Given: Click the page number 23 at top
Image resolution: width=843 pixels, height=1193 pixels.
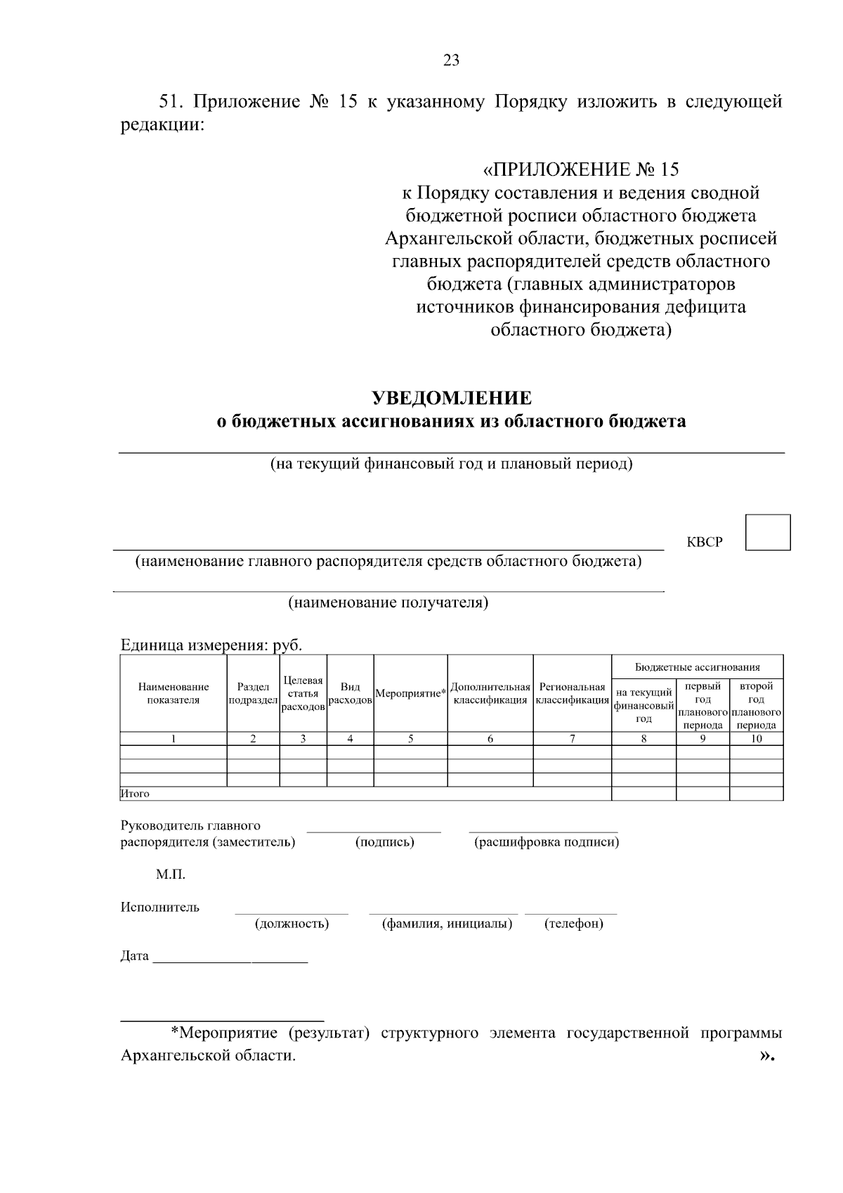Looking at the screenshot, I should coord(452,60).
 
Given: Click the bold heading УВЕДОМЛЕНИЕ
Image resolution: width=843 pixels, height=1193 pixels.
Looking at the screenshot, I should coord(451,399).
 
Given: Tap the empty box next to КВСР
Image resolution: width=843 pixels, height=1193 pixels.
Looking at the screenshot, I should coord(768,532).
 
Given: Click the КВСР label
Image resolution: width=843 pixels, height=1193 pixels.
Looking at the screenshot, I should coord(704,543).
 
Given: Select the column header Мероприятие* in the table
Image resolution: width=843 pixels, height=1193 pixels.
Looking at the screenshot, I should coord(411,694).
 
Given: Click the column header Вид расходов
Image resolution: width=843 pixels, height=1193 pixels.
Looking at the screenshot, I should coord(350,694).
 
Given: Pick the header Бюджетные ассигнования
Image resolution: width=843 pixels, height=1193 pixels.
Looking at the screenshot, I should coord(697,667).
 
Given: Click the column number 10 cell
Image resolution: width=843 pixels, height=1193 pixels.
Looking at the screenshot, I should coord(756,739).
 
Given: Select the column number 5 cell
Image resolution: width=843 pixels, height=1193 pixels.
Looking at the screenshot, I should coord(410,739).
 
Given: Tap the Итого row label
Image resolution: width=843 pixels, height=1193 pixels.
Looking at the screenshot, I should coord(135,794).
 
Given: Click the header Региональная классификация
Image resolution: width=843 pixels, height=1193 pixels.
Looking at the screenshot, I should coord(572,694).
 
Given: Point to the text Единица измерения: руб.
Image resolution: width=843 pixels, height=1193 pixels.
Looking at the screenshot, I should coord(211,645).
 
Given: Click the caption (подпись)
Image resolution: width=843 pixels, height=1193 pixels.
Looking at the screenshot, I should coord(384,842).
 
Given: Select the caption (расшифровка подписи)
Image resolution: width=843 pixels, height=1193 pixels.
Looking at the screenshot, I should coord(547,842).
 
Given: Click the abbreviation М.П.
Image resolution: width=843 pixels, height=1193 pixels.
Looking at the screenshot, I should coord(170,875).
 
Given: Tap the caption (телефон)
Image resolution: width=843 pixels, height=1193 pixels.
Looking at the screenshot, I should coord(573,924).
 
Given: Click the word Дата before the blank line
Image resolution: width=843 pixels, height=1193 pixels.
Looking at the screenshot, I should coord(134,956).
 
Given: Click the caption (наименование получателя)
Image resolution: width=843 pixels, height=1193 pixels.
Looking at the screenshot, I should coord(388,603).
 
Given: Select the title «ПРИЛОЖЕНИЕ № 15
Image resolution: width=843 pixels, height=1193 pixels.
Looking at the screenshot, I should coord(581,169).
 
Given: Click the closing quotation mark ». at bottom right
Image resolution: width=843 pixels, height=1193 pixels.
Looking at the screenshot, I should coord(766,1056).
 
